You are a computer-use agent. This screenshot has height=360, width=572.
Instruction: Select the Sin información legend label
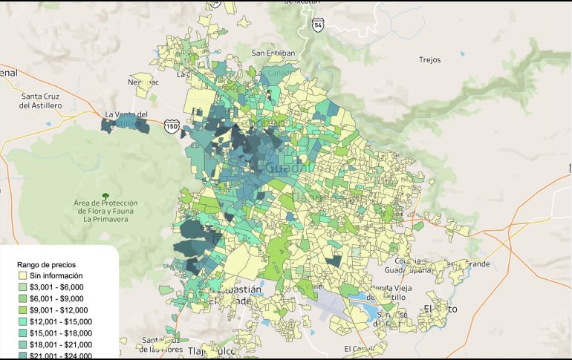click(56, 275)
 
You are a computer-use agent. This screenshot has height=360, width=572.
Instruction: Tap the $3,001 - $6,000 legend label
click(56, 287)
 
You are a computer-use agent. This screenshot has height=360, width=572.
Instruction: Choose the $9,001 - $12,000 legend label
click(59, 310)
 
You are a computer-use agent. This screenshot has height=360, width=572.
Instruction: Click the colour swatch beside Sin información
click(22, 275)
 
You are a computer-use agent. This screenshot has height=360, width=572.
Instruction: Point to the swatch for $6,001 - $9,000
click(22, 298)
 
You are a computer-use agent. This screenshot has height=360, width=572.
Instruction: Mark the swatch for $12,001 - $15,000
click(22, 321)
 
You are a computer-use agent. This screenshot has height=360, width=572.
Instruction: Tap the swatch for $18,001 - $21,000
click(22, 344)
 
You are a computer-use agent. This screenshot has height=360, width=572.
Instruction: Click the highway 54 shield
click(318, 25)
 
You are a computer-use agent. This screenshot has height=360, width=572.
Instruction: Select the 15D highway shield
click(172, 127)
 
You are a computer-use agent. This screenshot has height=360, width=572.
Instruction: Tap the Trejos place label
click(430, 59)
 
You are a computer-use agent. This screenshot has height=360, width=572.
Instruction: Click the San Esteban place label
click(273, 53)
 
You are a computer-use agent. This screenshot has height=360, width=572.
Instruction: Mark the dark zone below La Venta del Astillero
click(125, 126)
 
